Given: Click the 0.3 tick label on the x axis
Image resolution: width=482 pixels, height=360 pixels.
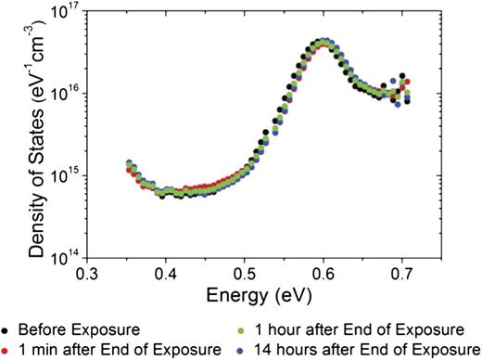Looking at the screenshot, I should coord(88,276).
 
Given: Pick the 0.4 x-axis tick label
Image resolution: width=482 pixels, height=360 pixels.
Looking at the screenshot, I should coord(167,276).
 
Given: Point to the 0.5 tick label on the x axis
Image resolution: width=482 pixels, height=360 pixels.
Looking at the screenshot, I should coord(246,276).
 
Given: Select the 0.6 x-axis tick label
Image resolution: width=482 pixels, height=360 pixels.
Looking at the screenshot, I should coord(324,276).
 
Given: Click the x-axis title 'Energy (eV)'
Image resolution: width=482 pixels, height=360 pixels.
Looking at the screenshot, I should coord(245,296).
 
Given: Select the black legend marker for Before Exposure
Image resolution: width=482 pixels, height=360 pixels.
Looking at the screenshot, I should coord(8,328).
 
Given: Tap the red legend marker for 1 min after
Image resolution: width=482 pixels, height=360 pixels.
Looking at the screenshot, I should coord(8,348).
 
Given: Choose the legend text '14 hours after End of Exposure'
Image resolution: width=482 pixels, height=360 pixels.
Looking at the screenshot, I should coord(365,348).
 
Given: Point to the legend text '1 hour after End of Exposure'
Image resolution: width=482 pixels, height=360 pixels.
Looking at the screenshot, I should coord(358,328).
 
